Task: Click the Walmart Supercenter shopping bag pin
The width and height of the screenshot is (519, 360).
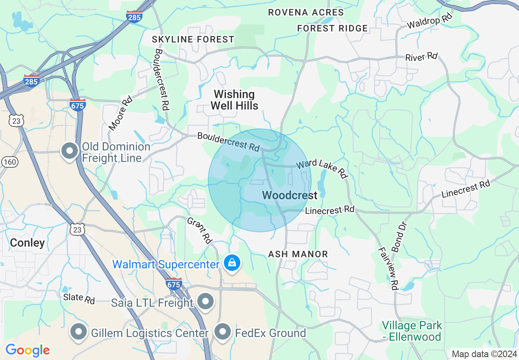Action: click(x=232, y=263)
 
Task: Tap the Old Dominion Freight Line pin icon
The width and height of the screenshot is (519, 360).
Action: click(x=70, y=151)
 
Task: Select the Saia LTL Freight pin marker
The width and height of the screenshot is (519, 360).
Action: click(x=205, y=301)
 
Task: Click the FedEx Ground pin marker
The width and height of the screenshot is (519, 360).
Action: click(x=223, y=332)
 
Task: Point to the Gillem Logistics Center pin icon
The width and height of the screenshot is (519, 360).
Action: click(x=79, y=332)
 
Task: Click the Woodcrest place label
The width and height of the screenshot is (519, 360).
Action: click(x=290, y=196)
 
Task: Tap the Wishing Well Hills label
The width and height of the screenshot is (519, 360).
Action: click(x=235, y=100)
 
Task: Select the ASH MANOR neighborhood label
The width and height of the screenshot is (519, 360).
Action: click(x=298, y=254)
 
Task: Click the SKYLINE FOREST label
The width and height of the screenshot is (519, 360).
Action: click(x=193, y=39)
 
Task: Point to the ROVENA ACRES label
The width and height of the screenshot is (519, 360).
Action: click(x=306, y=12)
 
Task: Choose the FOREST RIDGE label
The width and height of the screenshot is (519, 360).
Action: click(x=332, y=28)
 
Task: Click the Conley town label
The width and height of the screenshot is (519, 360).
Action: click(x=27, y=243)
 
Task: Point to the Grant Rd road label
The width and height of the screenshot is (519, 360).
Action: click(x=200, y=230)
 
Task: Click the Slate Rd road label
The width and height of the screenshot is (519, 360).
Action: click(x=79, y=299)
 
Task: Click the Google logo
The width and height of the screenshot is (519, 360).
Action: click(x=27, y=350)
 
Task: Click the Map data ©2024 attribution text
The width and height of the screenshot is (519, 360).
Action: click(x=483, y=354)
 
